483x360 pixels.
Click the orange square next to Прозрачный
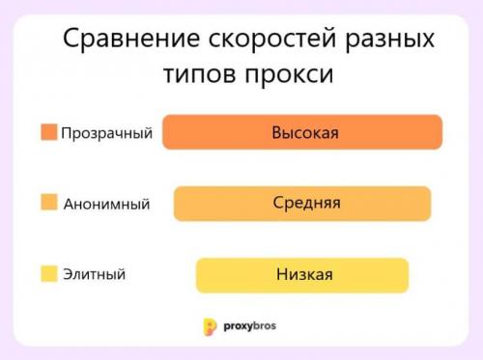(x=49, y=131)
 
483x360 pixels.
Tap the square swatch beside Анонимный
(x=49, y=203)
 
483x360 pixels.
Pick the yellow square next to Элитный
(x=49, y=274)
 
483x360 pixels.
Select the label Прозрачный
(x=106, y=132)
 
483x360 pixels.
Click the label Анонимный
(x=106, y=204)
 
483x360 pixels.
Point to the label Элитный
(x=94, y=275)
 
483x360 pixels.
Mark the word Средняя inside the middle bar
(x=306, y=203)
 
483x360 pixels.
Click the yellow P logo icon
(x=210, y=326)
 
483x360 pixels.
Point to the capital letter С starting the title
(x=71, y=41)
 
